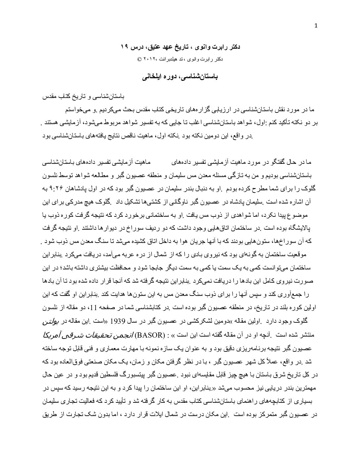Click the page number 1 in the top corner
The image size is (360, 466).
316,27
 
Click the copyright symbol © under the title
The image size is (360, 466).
139,60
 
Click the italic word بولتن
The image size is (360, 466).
51,321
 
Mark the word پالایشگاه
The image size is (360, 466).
298,228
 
